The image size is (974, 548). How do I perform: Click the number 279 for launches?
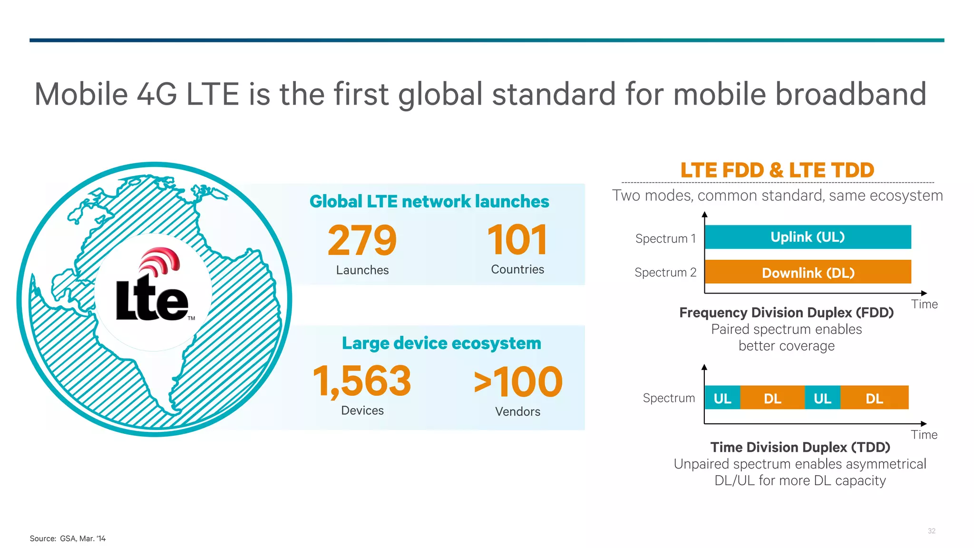click(362, 241)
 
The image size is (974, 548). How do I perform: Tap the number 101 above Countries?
click(517, 241)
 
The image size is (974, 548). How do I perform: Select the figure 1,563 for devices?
click(362, 381)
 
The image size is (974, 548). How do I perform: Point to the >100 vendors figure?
click(518, 382)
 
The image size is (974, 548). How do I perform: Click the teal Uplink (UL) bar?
click(808, 237)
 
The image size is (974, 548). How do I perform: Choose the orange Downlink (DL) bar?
click(808, 272)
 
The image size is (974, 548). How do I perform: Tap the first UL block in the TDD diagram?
click(722, 398)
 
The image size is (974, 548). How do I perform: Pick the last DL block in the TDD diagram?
click(874, 398)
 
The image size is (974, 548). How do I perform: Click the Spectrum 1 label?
click(665, 238)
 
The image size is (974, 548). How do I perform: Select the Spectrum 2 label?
click(665, 273)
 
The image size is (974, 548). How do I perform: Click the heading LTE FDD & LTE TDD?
click(777, 170)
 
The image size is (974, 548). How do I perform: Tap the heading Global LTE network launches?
click(429, 202)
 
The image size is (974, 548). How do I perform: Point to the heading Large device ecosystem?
click(441, 343)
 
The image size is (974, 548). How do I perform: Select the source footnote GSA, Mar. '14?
click(68, 538)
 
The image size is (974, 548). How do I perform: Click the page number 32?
click(931, 531)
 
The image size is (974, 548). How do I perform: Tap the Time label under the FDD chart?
click(924, 304)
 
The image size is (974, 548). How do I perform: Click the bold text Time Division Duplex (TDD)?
click(800, 447)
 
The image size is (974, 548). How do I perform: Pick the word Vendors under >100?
click(517, 411)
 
